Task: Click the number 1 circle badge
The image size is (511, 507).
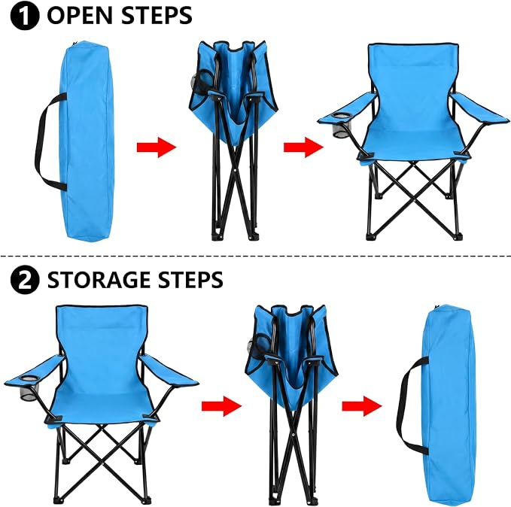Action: pos(25,16)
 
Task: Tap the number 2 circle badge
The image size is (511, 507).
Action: pos(25,280)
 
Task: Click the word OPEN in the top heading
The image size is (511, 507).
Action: pos(81,15)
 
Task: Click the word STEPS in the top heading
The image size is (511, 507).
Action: pos(157,15)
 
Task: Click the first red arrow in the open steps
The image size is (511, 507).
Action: pos(157,147)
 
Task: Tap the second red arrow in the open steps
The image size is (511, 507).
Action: pos(303,147)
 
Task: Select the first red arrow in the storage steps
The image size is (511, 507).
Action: pos(221,406)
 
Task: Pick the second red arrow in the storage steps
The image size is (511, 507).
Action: pos(362,406)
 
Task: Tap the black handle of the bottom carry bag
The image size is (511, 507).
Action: pos(402,404)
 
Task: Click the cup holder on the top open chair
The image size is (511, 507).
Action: pos(341,126)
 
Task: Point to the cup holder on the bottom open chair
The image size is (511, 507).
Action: pos(29,388)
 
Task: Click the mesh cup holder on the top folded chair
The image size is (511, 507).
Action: pos(201,82)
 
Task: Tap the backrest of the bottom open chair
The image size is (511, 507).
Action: pos(102,345)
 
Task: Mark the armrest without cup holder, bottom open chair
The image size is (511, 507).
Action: pos(169,371)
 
